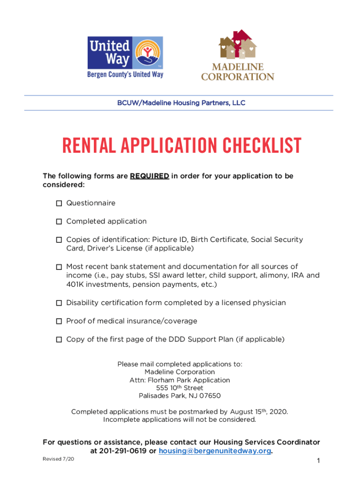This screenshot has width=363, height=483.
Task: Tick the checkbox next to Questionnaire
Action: coord(59,203)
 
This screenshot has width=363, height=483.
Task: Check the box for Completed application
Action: coord(59,222)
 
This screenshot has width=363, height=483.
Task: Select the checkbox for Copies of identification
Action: coord(59,240)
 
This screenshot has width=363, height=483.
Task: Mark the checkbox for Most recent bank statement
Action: coord(59,267)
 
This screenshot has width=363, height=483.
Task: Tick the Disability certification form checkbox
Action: coord(59,303)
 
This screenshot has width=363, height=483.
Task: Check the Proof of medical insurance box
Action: coord(59,321)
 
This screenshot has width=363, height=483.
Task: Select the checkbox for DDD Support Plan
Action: coord(59,340)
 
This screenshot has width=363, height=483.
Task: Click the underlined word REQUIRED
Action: coord(149,176)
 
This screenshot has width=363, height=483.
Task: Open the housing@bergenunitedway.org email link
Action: coord(215,451)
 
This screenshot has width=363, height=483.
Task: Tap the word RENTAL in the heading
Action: coord(87,146)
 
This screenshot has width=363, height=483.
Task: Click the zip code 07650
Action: coord(209,396)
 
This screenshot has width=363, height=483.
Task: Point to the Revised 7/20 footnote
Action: coord(58,459)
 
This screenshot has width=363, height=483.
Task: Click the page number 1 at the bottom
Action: coord(319,461)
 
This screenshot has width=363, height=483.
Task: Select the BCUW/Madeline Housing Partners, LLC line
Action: coord(181,103)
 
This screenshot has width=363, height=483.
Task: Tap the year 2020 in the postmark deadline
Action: coord(277,412)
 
